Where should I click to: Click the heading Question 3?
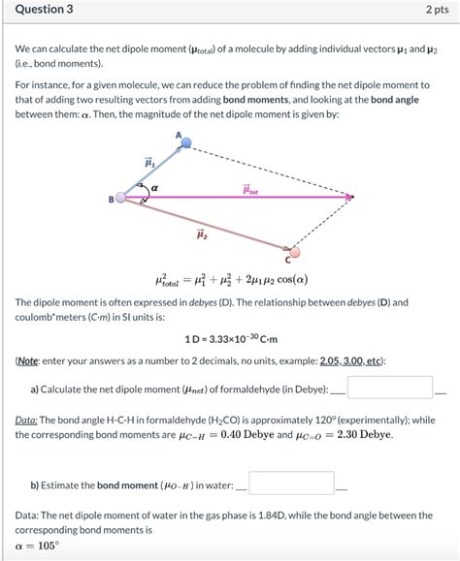click(44, 11)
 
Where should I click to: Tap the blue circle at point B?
click(120, 197)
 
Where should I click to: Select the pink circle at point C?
click(295, 252)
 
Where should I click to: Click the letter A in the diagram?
click(178, 135)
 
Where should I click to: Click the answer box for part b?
click(292, 482)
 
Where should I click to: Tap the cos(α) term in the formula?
click(288, 280)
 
